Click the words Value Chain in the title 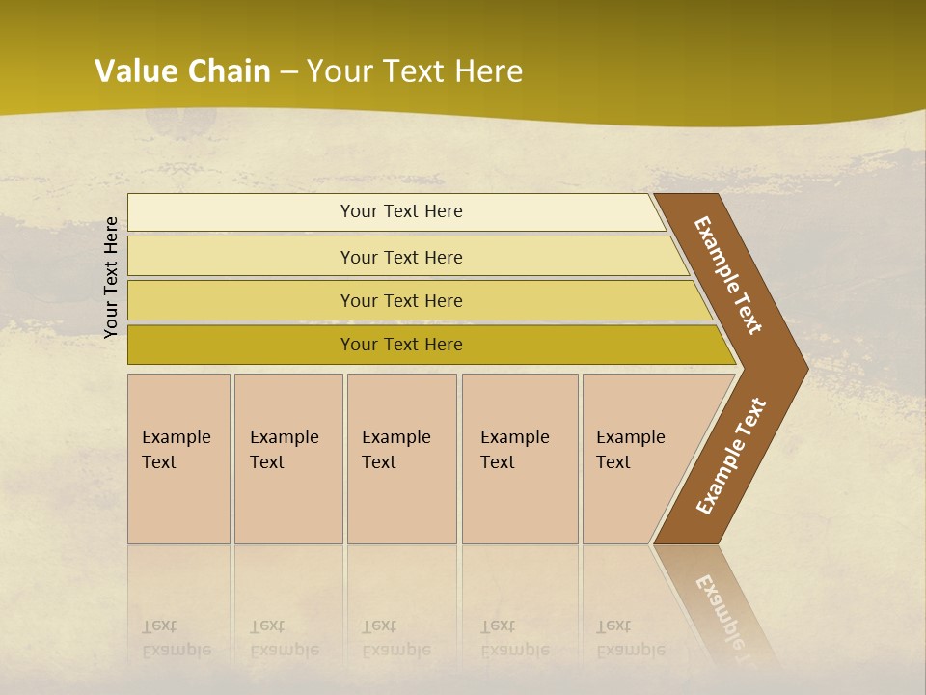(182, 71)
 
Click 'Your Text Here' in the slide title (415, 71)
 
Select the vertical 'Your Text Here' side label (111, 277)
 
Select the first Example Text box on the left (178, 459)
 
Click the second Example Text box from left (287, 459)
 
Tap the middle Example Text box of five (401, 459)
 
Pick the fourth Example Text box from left (519, 459)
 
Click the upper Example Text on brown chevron (728, 275)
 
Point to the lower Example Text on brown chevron (731, 456)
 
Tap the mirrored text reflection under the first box (176, 638)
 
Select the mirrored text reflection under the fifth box (630, 638)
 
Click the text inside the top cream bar (401, 211)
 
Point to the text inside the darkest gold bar (401, 345)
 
